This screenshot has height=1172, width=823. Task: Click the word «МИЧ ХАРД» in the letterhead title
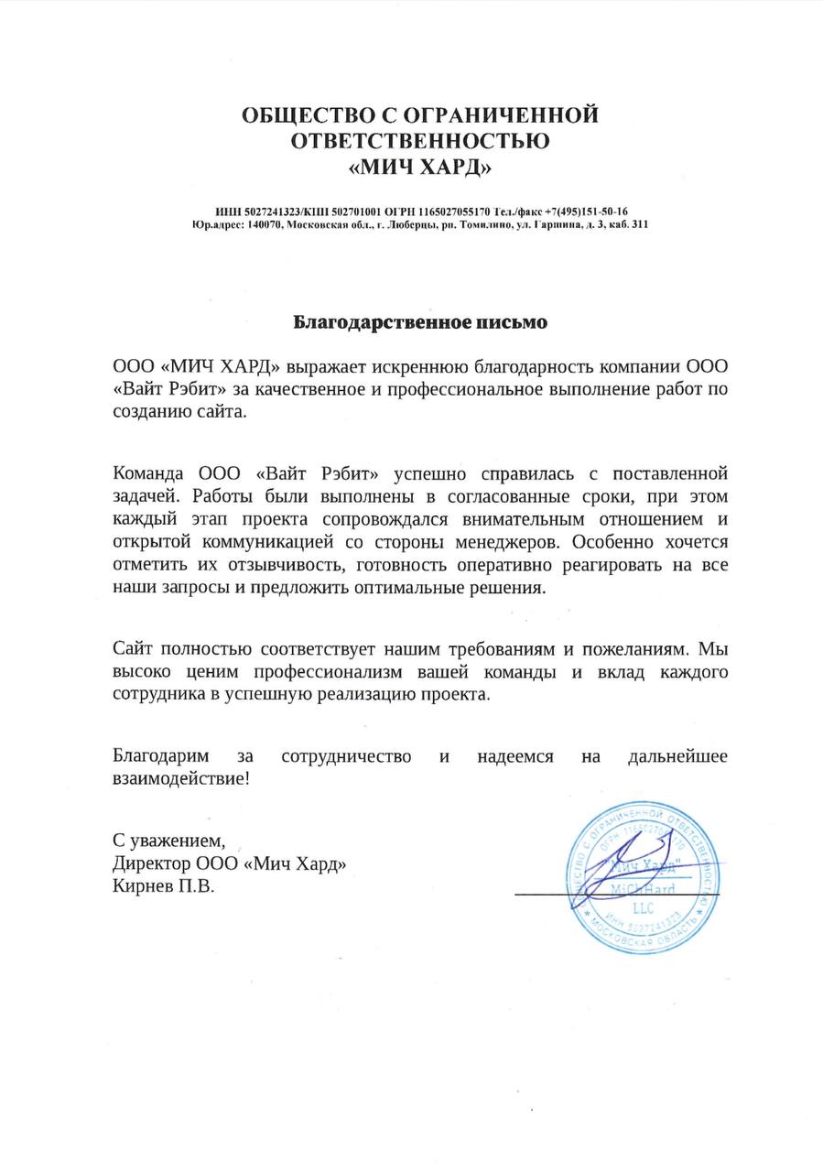coord(421,168)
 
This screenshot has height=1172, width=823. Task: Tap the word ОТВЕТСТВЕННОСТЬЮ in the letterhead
coord(420,142)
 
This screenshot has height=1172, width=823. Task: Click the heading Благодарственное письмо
coord(420,322)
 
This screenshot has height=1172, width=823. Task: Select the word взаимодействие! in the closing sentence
coord(179,780)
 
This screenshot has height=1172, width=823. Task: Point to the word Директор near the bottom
coord(150,863)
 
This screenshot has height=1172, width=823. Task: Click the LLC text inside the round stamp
coord(638,905)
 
